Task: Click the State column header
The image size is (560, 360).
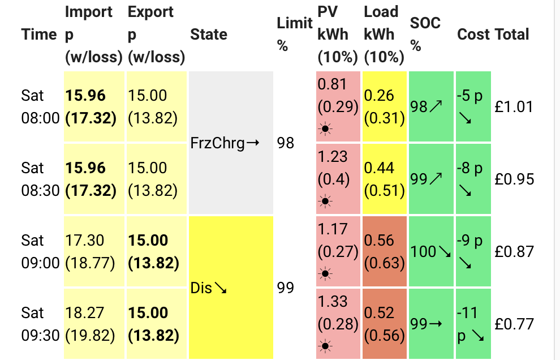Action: pos(209,35)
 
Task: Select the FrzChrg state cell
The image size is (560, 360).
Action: pos(231,143)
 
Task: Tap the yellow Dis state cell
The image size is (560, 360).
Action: pos(231,288)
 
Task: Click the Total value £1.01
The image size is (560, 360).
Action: pos(514,106)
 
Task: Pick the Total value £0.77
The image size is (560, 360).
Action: pos(514,324)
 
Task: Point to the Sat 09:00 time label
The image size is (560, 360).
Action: pos(40,252)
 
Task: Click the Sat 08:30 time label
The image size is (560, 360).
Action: pos(40,179)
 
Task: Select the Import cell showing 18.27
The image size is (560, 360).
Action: pos(94,324)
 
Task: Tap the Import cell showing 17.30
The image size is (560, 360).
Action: pos(94,251)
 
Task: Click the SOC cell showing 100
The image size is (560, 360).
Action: pos(431,251)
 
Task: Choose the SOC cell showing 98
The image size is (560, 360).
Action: pos(431,106)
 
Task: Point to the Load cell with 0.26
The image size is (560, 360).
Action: pos(385,106)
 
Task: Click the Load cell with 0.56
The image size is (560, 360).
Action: pos(385,251)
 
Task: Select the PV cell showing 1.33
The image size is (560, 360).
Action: pos(338,324)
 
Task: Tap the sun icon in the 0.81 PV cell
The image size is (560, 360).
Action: pos(325,128)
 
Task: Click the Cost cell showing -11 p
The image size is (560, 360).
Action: pos(473,324)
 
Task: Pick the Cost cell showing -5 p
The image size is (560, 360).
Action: pos(473,106)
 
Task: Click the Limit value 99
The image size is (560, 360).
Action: pos(285,288)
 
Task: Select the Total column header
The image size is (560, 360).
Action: pos(512,35)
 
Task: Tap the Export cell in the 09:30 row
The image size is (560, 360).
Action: pos(157,324)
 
